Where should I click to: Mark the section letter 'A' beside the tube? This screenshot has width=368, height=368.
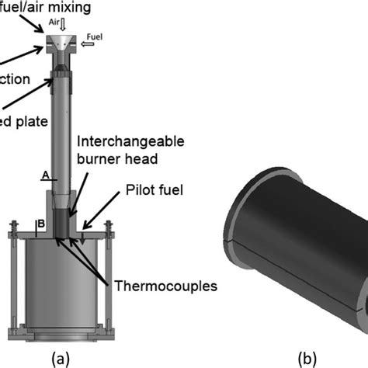45,175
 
